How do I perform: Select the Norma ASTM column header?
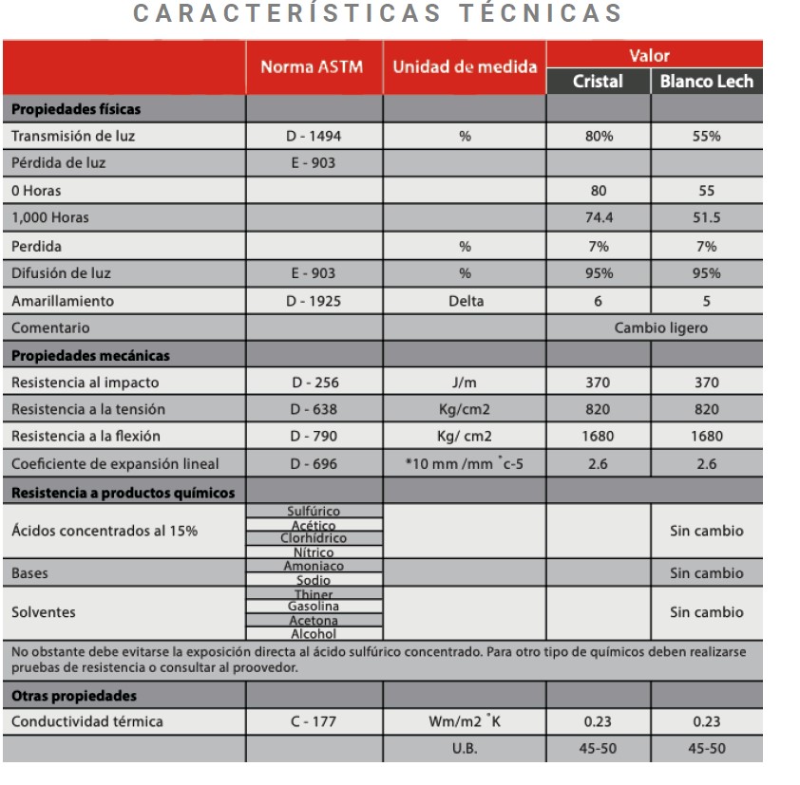click(313, 67)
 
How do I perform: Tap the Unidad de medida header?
click(465, 67)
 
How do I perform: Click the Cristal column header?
click(598, 82)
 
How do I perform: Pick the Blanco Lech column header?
click(706, 82)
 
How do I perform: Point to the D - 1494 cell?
click(314, 136)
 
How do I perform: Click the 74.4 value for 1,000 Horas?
click(598, 217)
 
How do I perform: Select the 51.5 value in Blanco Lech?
click(706, 217)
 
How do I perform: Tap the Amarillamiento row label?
click(63, 301)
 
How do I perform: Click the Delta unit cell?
click(465, 301)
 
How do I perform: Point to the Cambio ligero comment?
click(660, 328)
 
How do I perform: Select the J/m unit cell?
click(465, 383)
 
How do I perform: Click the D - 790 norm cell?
click(314, 437)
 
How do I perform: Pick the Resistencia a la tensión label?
click(87, 409)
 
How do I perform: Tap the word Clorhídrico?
click(314, 538)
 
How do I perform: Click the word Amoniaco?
click(314, 566)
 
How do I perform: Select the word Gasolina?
click(314, 606)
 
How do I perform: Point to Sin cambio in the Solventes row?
click(706, 612)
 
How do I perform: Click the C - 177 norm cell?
click(314, 721)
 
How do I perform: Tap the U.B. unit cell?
click(465, 748)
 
